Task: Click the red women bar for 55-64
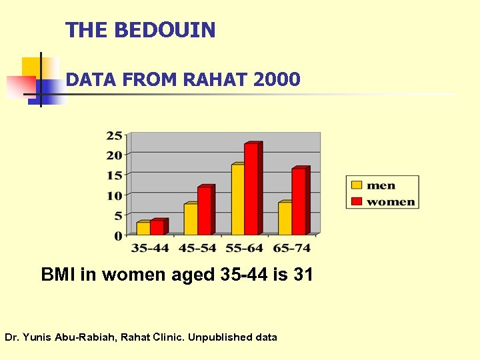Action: click(251, 189)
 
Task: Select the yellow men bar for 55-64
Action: click(237, 200)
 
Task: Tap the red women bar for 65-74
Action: click(299, 201)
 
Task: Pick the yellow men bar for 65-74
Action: click(285, 219)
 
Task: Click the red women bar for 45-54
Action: click(204, 211)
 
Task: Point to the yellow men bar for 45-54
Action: click(190, 219)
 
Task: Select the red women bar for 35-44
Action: click(157, 227)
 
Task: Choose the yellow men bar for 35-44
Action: click(143, 228)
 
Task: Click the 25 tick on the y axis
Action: click(114, 135)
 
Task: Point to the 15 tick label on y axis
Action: click(114, 175)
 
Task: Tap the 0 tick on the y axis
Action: click(118, 235)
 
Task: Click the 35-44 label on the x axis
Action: click(149, 248)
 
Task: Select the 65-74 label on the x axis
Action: click(291, 248)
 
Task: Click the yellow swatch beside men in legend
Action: click(357, 185)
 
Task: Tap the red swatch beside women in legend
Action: click(357, 201)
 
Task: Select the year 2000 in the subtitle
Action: click(277, 81)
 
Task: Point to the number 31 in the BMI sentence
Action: click(302, 275)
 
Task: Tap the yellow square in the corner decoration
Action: click(31, 67)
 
